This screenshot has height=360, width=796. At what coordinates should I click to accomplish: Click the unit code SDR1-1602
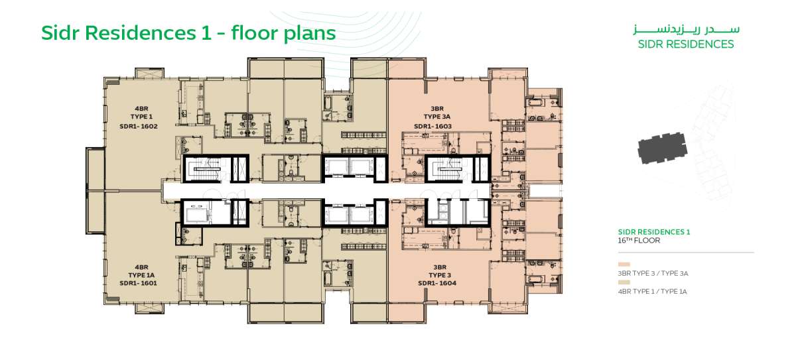click(x=139, y=127)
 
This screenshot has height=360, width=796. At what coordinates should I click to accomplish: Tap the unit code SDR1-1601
click(x=138, y=283)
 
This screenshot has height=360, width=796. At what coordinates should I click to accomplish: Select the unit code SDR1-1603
click(x=432, y=127)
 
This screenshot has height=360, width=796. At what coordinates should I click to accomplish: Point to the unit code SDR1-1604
click(x=437, y=283)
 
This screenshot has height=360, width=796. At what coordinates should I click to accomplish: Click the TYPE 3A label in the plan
click(x=437, y=117)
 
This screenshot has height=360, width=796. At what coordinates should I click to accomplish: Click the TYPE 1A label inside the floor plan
click(x=141, y=276)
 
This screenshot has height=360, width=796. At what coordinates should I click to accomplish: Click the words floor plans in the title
click(x=284, y=34)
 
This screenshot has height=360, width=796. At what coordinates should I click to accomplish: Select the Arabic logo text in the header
click(x=686, y=29)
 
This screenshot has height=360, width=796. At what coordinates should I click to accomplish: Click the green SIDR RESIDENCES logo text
click(x=686, y=44)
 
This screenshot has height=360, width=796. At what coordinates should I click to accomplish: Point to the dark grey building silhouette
click(x=662, y=148)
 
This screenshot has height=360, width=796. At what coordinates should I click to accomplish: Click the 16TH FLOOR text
click(x=639, y=241)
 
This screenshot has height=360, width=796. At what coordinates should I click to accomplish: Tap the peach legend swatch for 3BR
click(x=624, y=265)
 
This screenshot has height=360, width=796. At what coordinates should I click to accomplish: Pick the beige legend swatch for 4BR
click(x=624, y=282)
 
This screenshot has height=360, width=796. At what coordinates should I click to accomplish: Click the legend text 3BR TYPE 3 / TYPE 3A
click(x=653, y=274)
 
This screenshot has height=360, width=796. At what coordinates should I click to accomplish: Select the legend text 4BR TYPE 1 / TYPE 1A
click(x=653, y=292)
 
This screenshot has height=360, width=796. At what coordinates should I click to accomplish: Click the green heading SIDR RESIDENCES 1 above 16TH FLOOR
click(x=654, y=232)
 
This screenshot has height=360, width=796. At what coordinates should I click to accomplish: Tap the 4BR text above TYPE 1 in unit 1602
click(x=141, y=109)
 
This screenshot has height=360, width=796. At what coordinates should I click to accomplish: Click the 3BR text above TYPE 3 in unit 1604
click(x=440, y=267)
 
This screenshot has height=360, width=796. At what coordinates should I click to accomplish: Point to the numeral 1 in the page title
click(x=206, y=33)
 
